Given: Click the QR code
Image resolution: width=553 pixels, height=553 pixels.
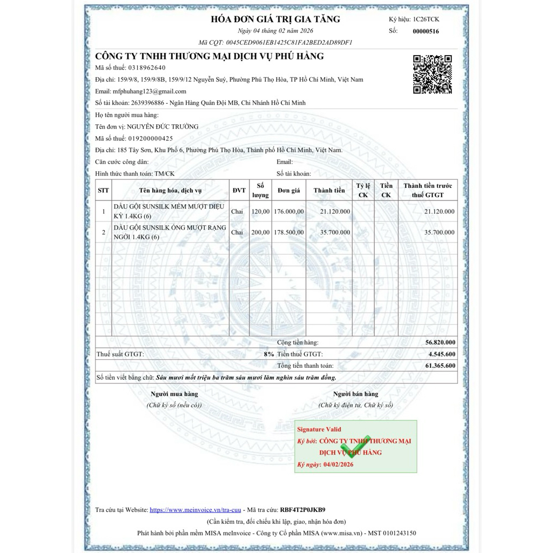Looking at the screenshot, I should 433,74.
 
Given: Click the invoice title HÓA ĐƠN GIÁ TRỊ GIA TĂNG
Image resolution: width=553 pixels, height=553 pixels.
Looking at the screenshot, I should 275,19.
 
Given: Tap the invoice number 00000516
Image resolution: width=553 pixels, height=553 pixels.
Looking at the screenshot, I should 426,31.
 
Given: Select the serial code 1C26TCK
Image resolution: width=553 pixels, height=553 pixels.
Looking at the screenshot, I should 426,19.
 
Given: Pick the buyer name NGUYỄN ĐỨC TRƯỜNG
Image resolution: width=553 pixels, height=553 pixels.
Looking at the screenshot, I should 162,126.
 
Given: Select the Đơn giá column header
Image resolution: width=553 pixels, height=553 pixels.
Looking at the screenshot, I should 289,190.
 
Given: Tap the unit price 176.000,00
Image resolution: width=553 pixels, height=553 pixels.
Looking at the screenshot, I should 289,211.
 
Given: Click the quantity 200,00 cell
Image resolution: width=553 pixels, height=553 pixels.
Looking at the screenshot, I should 260,232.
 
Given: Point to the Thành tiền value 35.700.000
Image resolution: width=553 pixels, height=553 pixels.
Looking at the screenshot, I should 335,232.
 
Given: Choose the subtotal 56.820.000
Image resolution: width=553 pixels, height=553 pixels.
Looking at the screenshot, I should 440,342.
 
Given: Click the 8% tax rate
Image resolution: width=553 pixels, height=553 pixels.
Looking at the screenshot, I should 269,354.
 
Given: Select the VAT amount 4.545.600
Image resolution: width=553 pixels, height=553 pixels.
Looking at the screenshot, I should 442,354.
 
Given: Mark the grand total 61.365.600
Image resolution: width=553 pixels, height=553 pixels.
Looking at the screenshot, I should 440,366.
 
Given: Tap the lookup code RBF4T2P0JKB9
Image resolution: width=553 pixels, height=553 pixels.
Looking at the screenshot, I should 302,509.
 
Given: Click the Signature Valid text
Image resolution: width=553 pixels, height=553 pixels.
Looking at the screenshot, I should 319,429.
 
